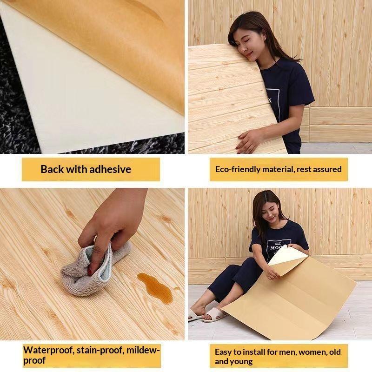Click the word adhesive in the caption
(x=110, y=169)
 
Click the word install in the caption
(x=253, y=352)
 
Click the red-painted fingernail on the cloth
(x=90, y=272)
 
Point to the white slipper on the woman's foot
(x=213, y=314)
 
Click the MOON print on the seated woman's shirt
(x=276, y=248)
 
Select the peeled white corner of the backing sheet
(x=287, y=256)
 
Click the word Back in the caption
(x=52, y=169)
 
